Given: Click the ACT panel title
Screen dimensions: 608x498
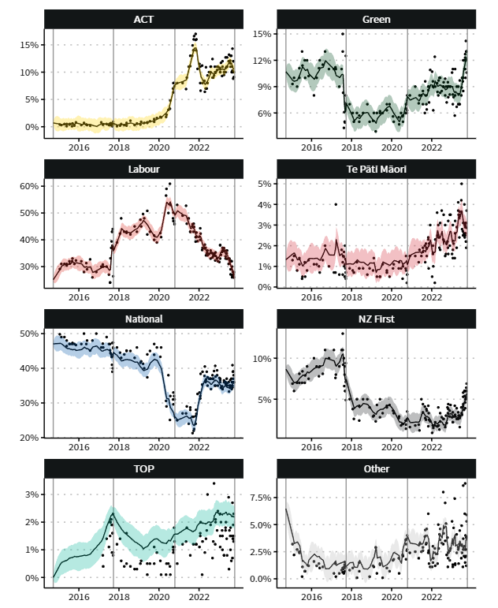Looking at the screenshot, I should (x=143, y=18).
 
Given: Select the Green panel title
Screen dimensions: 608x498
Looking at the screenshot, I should (x=377, y=18).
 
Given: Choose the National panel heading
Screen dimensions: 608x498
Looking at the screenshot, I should (x=143, y=319).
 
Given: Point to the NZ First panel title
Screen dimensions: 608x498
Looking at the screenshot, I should (x=377, y=319).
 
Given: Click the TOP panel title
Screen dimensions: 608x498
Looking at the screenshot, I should (x=143, y=469).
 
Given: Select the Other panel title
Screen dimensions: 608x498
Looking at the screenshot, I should (x=377, y=469).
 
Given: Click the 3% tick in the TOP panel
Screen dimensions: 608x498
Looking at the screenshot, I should (x=31, y=494).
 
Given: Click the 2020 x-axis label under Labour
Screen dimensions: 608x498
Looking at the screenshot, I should (x=159, y=297).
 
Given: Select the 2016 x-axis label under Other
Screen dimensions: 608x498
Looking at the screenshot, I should (x=312, y=598).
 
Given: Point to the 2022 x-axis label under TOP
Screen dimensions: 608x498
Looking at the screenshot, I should (x=199, y=598).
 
